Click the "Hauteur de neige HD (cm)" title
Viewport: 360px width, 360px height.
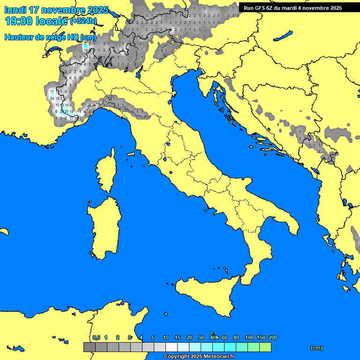click(x=50, y=37)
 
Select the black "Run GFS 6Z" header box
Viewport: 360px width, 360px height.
click(x=299, y=7)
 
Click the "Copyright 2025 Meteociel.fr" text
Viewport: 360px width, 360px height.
click(x=199, y=357)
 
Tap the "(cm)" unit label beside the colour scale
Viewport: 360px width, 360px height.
click(x=316, y=348)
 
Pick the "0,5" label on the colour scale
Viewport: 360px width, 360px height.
click(x=96, y=337)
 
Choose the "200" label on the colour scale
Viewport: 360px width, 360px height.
click(x=272, y=337)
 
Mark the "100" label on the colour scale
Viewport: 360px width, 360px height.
click(x=249, y=337)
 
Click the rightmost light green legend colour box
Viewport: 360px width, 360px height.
click(x=265, y=347)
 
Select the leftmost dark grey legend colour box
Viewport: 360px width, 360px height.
click(x=89, y=347)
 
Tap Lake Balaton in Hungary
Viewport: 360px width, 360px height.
click(x=284, y=36)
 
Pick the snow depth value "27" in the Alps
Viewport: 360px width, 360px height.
click(x=67, y=112)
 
